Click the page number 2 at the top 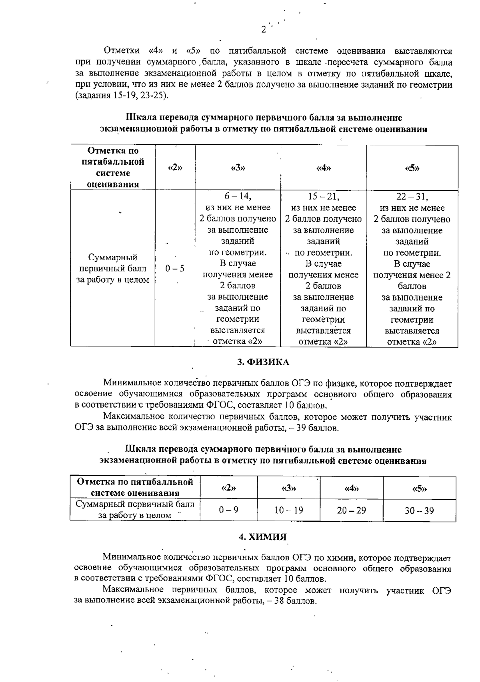point(263,29)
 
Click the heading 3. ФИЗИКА point(263,362)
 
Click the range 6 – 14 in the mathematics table point(238,196)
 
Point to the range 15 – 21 point(323,196)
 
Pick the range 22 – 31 point(412,197)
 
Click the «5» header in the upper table point(412,168)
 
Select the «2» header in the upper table point(175,168)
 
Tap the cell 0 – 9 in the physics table point(228,510)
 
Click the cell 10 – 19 point(288,510)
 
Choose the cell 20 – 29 point(351,510)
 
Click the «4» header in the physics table point(351,489)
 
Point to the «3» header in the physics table point(288,489)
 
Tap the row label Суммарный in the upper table point(113,257)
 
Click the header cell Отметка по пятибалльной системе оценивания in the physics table point(135,487)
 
